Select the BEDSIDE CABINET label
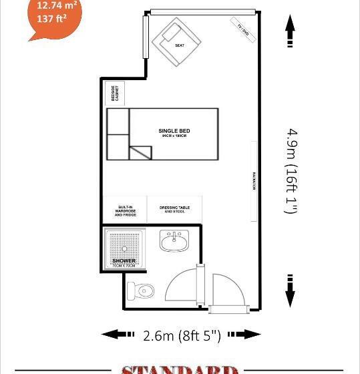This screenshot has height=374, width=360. (115, 93)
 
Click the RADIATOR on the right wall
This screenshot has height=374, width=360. (254, 181)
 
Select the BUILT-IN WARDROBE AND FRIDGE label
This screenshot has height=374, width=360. (125, 211)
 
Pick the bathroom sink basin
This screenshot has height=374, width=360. (175, 240)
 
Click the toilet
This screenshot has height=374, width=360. (141, 290)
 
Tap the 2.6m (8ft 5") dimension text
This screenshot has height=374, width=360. (182, 335)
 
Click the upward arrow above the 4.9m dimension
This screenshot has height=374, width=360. (290, 31)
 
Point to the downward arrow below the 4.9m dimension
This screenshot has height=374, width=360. (291, 290)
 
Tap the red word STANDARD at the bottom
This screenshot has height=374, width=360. (179, 369)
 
